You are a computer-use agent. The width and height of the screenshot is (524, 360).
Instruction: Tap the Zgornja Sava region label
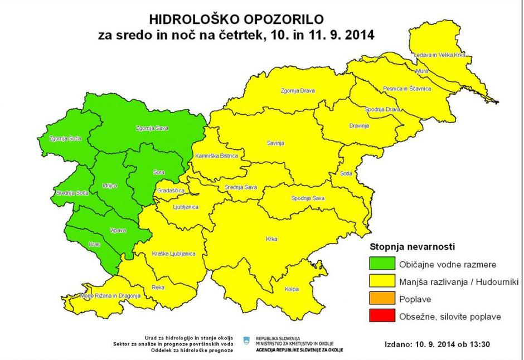[x=152, y=128]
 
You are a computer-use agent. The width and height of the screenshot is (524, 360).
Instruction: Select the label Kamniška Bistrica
[x=216, y=156]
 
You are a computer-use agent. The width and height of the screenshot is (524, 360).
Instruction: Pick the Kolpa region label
[x=291, y=289]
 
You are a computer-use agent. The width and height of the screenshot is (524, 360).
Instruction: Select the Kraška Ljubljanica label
[x=173, y=254]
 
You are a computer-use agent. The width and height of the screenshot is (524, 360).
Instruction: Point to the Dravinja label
[x=359, y=126]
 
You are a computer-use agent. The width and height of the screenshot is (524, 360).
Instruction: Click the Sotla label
[x=346, y=173]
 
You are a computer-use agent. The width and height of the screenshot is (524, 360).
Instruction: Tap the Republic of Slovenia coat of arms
[x=246, y=339]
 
